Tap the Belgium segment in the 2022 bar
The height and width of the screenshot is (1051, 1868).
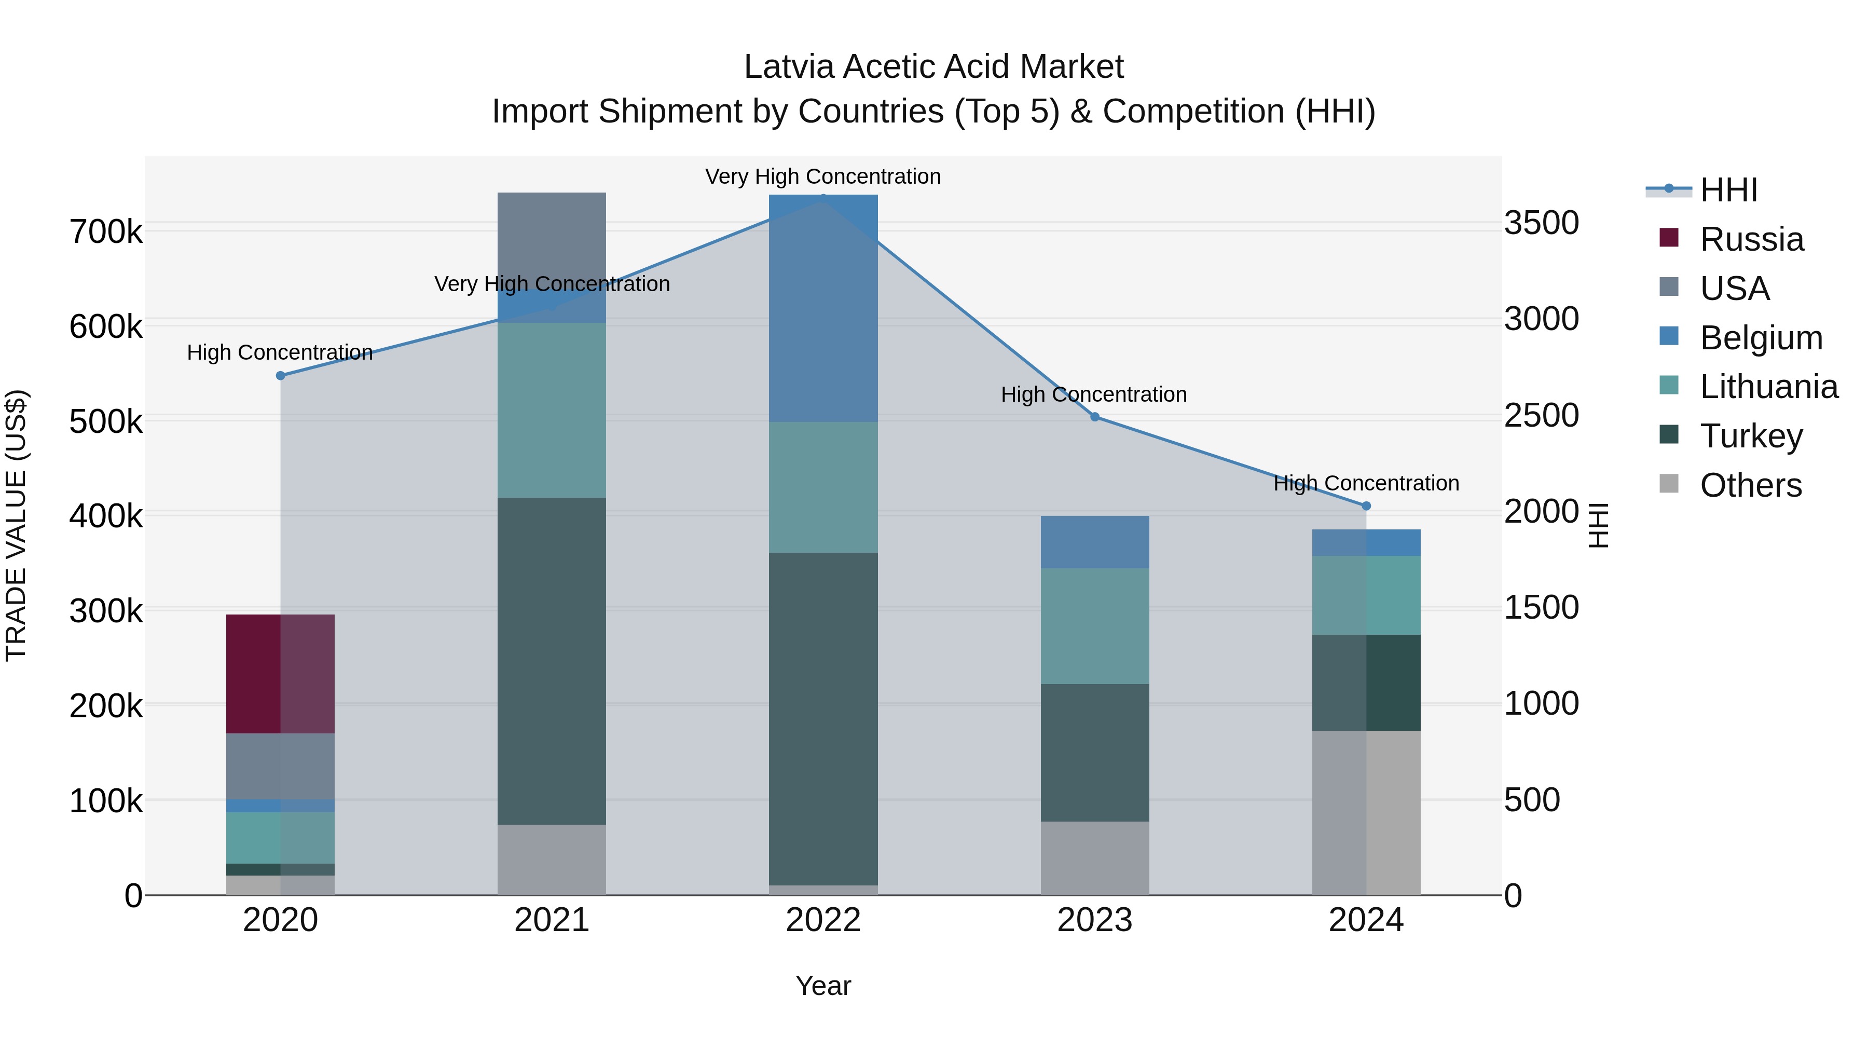[823, 308]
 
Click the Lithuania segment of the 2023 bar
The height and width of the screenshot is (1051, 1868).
[1094, 625]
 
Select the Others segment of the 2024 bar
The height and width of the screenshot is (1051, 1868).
[1366, 812]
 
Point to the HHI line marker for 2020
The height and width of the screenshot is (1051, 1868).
[281, 376]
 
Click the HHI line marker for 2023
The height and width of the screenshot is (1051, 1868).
[1095, 417]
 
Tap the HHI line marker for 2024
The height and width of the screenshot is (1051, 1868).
[1366, 506]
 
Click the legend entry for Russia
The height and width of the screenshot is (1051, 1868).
[1751, 239]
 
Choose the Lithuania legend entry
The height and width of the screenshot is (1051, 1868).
[1768, 387]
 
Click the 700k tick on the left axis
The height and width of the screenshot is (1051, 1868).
[106, 232]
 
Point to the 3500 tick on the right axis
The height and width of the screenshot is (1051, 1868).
[1541, 223]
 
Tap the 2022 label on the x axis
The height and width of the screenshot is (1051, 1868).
[823, 920]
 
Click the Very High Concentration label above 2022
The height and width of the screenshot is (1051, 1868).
[823, 176]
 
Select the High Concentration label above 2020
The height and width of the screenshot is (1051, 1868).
[280, 352]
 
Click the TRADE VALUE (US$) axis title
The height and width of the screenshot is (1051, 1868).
[16, 525]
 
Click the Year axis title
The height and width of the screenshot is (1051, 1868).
[823, 986]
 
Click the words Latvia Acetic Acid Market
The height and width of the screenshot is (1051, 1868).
[933, 67]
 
